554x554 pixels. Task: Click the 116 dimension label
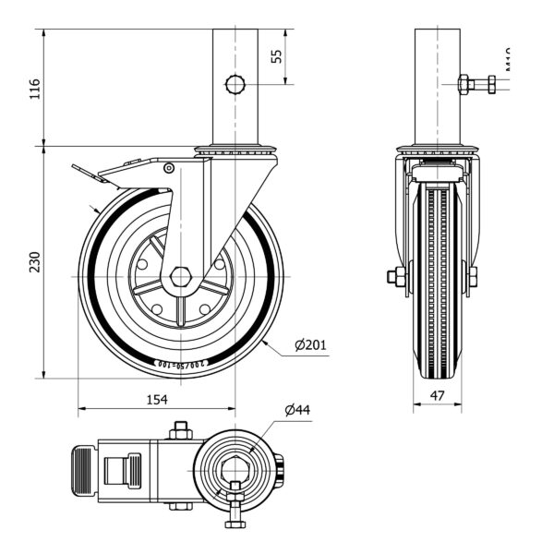34,88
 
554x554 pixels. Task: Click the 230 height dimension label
34,261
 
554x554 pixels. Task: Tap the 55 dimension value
276,55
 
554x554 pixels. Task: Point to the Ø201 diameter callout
311,345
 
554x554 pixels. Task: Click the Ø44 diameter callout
296,409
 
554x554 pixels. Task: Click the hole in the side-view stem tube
235,85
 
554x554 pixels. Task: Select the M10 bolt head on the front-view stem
491,85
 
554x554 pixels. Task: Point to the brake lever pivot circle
169,168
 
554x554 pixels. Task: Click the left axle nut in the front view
396,276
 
